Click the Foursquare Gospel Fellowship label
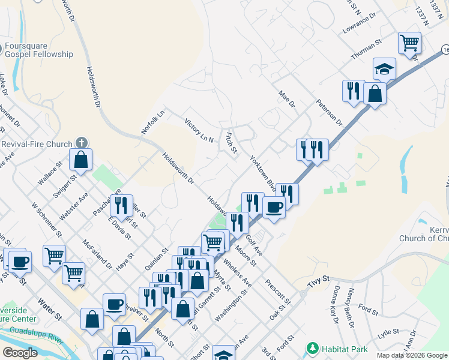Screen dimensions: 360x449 [x=39, y=49]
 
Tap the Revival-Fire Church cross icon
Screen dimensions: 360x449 [x=82, y=143]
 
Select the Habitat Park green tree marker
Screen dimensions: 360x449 [x=312, y=348]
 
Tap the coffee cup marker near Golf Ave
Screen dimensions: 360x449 [x=274, y=208]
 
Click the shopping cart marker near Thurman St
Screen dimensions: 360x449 [x=409, y=43]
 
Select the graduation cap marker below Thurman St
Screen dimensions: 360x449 [x=384, y=69]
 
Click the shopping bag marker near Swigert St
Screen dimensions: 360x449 [x=80, y=160]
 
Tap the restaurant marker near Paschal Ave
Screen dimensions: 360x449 [x=122, y=205]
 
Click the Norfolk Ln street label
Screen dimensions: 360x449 [x=153, y=122]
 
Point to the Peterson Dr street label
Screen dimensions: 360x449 [x=329, y=112]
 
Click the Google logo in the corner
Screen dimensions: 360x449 [x=20, y=353]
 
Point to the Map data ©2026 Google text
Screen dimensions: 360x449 [x=411, y=355]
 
